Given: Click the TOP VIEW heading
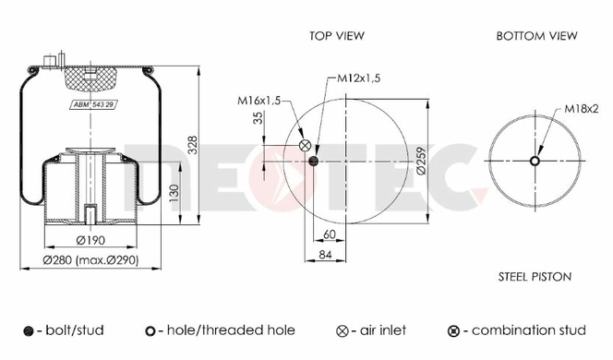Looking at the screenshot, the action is click(x=337, y=36).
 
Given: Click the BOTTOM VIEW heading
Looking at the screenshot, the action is click(x=536, y=36).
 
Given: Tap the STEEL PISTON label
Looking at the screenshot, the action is click(x=535, y=277).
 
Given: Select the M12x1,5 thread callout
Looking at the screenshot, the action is click(x=358, y=78).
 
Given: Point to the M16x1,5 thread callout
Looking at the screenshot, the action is click(x=258, y=101).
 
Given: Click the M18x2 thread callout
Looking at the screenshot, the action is click(x=582, y=109).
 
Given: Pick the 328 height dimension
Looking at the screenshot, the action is click(x=193, y=146).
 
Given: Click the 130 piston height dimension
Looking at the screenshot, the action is click(x=174, y=193).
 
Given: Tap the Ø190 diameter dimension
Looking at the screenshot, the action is click(x=90, y=240).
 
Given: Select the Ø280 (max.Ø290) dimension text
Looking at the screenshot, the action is click(x=90, y=260).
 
